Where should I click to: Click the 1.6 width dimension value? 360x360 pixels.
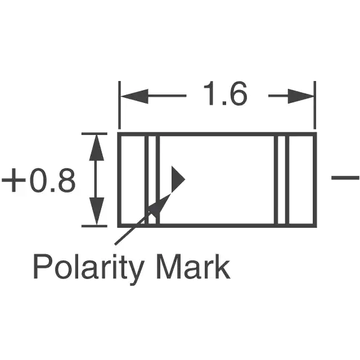225,94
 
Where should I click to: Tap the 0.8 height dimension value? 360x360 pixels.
52,180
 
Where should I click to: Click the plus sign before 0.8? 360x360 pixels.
13,180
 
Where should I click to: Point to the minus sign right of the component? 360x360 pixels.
345,178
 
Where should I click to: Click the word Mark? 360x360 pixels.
193,267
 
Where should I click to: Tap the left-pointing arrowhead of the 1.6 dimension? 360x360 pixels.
134,96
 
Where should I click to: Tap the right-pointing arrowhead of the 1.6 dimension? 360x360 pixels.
301,96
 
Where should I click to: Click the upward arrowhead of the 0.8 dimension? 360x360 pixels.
96,147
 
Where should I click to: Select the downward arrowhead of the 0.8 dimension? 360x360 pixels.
96,211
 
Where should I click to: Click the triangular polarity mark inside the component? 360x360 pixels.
178,179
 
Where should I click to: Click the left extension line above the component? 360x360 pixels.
119,105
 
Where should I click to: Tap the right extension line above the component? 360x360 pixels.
315,105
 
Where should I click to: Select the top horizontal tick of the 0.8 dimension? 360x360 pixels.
94,134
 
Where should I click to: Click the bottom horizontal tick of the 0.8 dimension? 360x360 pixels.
94,226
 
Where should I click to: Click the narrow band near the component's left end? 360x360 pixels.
152,180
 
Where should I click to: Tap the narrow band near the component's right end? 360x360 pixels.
282,180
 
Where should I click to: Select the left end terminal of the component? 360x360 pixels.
133,180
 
